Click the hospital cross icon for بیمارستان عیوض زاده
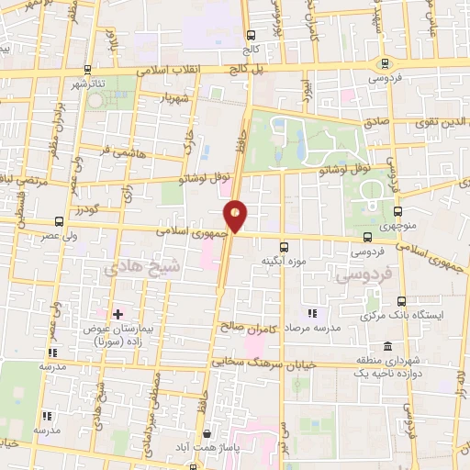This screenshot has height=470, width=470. point(117,314)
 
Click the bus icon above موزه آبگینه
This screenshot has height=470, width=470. point(284,246)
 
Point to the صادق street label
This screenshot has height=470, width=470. point(376,119)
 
